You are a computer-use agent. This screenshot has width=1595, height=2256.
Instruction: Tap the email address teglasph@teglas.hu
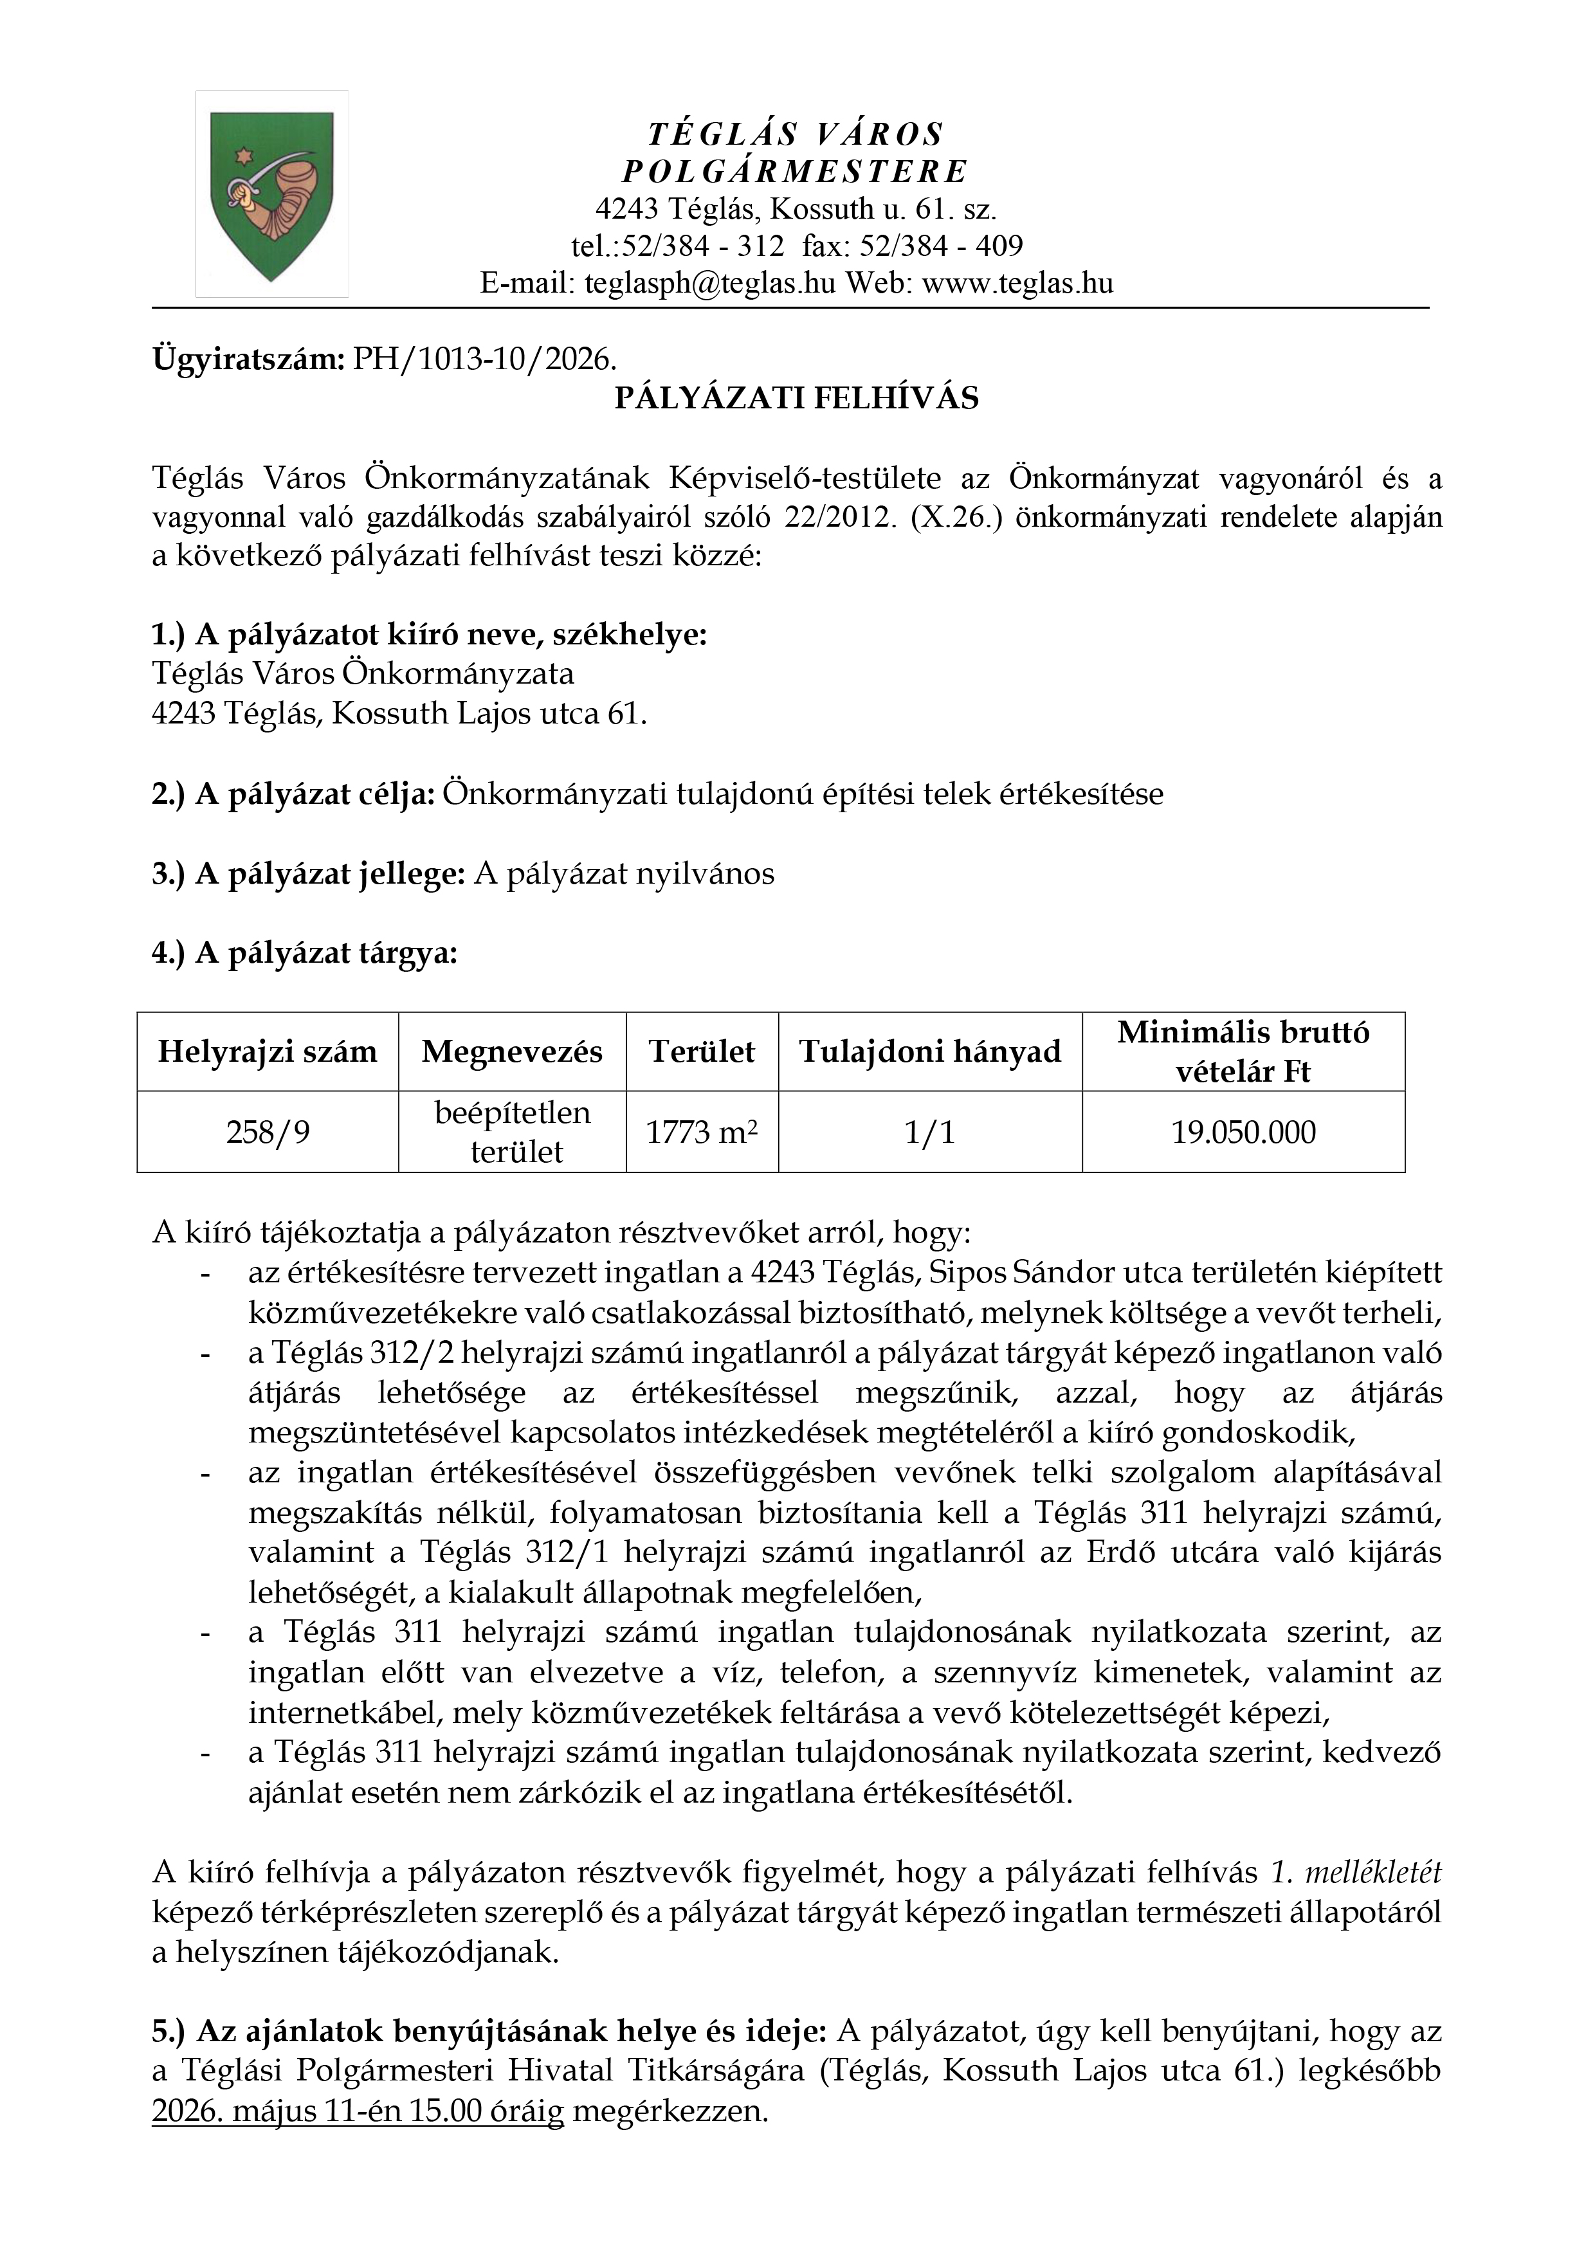[709, 284]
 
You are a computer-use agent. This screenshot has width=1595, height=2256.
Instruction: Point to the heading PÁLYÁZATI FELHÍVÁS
[796, 398]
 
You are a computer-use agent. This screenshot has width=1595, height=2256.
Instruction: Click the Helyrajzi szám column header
[268, 1051]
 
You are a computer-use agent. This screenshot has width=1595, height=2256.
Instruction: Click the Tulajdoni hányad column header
[930, 1051]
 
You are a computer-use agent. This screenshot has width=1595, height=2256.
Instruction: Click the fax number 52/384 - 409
[942, 246]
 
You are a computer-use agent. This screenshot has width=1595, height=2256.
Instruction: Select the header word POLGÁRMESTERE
[796, 172]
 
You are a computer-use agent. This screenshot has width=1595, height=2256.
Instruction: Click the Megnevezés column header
[512, 1051]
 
